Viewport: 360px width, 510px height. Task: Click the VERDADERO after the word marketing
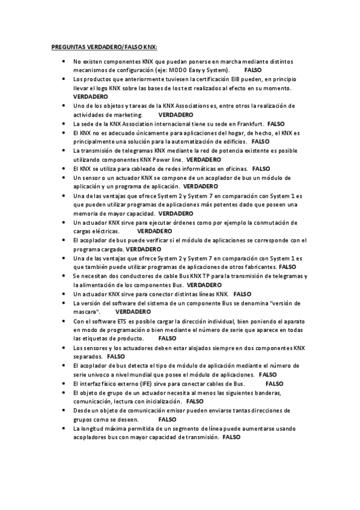175,114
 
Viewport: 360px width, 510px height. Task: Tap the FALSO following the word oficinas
262,170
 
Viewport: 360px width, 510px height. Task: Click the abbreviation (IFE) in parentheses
142,383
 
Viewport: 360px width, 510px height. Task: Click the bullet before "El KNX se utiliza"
64,170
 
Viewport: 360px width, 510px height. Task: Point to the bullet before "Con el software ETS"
64,321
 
